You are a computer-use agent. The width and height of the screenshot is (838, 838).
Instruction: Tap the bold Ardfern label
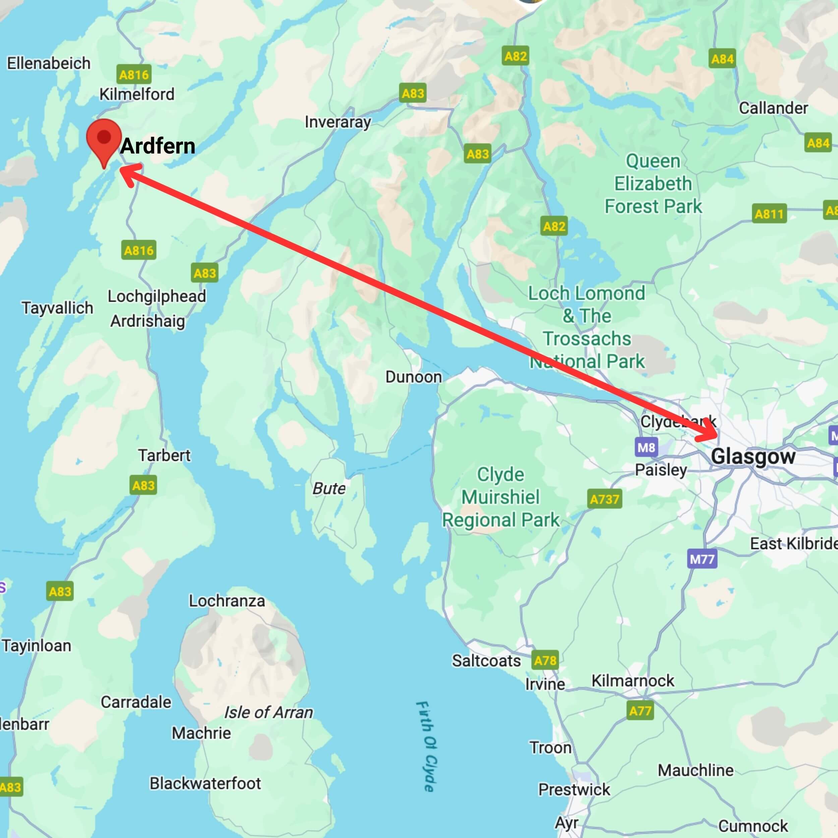tap(158, 146)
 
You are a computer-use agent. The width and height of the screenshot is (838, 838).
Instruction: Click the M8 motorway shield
tap(646, 447)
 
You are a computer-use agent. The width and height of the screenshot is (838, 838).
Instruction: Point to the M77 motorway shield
tap(702, 559)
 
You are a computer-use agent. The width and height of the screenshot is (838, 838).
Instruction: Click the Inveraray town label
tap(338, 122)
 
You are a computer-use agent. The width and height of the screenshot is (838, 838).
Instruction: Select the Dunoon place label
tap(413, 377)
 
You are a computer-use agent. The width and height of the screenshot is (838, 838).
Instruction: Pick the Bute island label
tap(329, 489)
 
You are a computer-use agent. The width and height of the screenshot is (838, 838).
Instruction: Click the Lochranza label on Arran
tap(227, 601)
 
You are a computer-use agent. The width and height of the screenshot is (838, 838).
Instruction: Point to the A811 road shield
tap(769, 214)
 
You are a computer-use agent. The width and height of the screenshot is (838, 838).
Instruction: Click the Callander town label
tap(773, 108)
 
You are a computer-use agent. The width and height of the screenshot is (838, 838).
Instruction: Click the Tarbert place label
tap(164, 456)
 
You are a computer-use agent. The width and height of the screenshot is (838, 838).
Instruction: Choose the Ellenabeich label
tap(49, 64)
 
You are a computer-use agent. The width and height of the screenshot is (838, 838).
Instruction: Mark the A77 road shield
tap(640, 711)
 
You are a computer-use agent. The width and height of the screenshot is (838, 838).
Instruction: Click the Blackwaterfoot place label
tap(205, 783)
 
